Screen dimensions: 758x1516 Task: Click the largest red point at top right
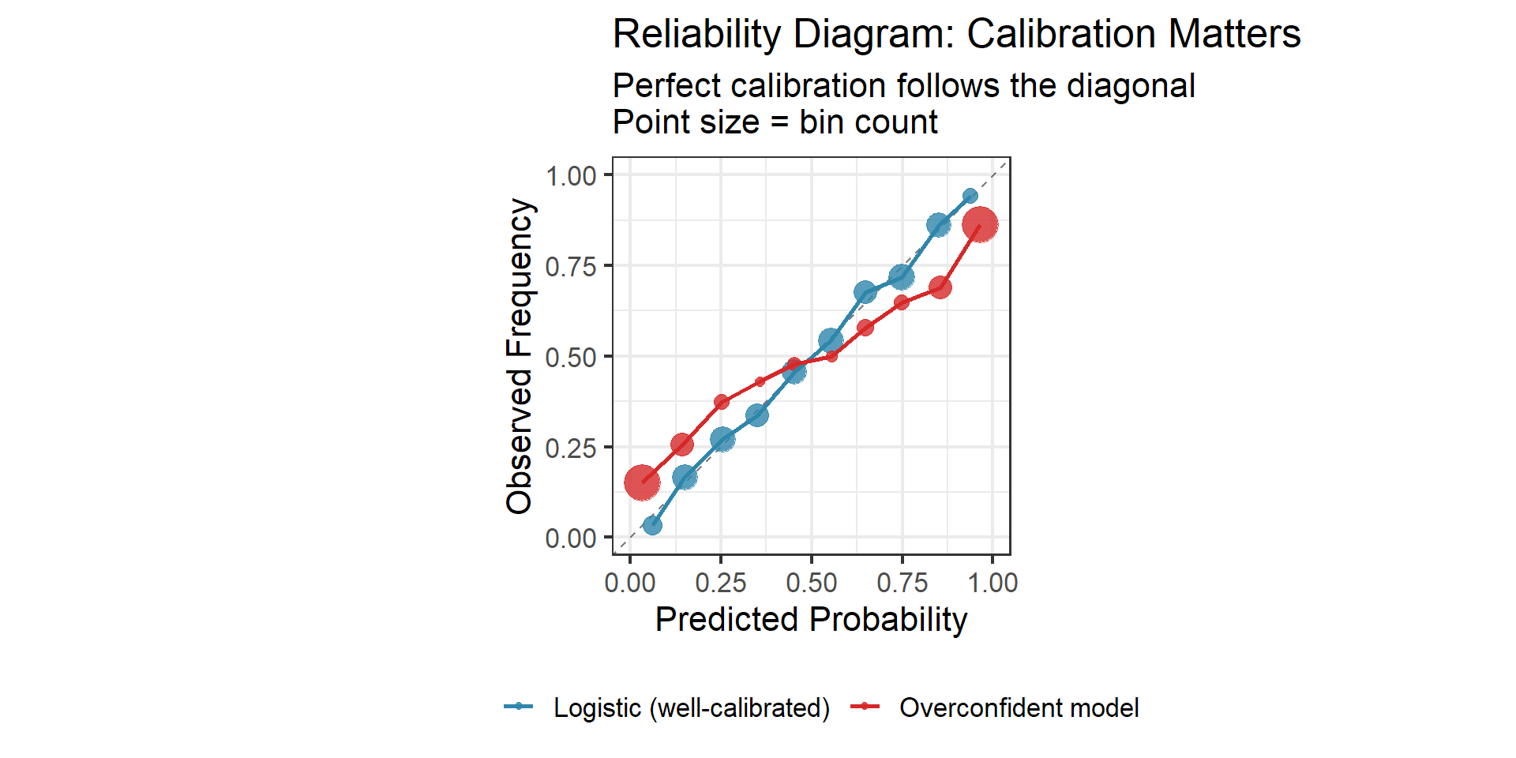980,225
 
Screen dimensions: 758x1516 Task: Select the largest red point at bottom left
642,482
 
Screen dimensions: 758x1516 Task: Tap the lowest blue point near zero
652,525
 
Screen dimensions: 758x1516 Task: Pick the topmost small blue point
970,196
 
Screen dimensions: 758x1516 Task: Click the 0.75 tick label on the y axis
570,267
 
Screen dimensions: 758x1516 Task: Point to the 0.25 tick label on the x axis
720,584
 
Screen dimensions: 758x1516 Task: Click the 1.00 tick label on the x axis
993,584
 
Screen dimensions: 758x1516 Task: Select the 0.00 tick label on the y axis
570,538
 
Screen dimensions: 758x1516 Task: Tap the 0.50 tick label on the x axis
811,584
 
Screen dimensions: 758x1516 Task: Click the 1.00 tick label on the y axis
570,176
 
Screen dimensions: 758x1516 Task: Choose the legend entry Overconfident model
1019,707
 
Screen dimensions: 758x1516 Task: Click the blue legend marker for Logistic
519,707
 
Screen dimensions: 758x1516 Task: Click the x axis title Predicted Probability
811,620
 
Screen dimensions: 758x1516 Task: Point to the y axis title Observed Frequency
520,356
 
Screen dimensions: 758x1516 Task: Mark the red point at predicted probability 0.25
721,402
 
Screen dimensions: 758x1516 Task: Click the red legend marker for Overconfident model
865,707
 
